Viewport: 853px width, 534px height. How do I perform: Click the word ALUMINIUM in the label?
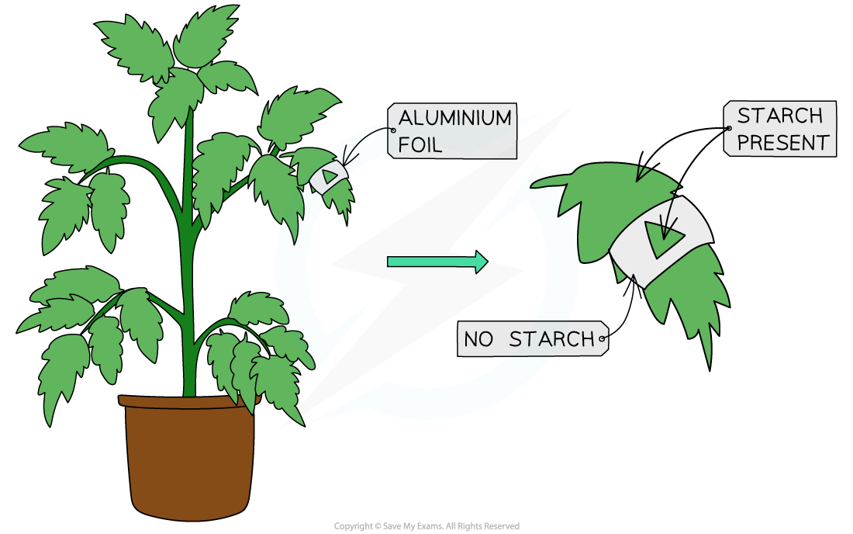click(454, 118)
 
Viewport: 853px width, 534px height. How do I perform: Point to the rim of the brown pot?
click(186, 401)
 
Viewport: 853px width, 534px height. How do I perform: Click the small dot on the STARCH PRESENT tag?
click(728, 128)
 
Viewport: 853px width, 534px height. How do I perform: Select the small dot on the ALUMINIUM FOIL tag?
click(393, 130)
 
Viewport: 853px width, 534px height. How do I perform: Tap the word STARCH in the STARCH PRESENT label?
click(768, 116)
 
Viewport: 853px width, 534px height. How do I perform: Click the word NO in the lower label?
click(478, 339)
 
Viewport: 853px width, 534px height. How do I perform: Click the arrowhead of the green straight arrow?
click(481, 262)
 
